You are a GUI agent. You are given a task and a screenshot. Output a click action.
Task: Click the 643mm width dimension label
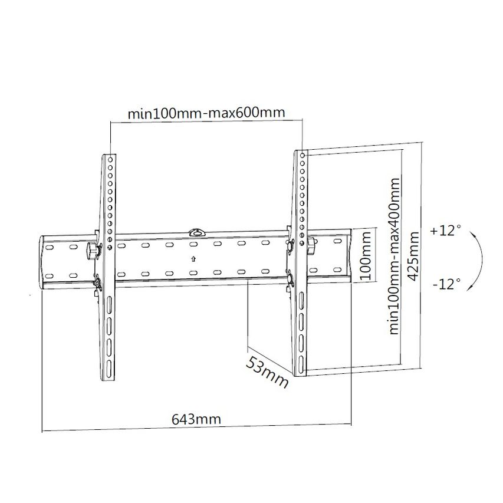coord(196,419)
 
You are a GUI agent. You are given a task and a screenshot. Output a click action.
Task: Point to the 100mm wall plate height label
coord(366,256)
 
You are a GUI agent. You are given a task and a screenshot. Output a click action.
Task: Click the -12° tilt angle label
coord(446,284)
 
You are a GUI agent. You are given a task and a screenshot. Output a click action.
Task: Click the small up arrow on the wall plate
coord(194,258)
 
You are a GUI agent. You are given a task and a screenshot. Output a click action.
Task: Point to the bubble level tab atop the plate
coord(195,231)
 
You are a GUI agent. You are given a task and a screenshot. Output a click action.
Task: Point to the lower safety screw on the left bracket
coord(96,283)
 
